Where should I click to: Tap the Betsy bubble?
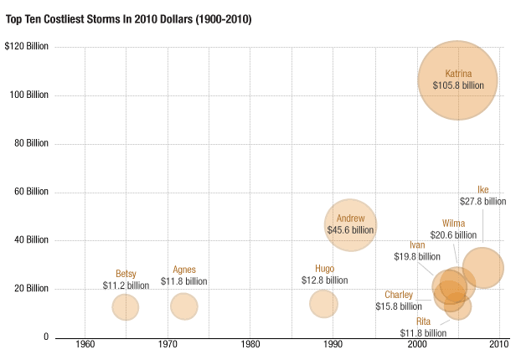[125, 307]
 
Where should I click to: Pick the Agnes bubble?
[183, 306]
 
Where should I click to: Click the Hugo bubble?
[323, 303]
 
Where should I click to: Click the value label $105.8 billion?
[458, 85]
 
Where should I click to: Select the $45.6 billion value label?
[350, 230]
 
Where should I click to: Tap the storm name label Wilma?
[453, 224]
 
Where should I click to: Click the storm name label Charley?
[398, 295]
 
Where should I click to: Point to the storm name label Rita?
[424, 321]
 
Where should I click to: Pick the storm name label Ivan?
[417, 244]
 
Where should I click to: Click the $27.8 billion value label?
[483, 202]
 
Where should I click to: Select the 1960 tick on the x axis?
[85, 345]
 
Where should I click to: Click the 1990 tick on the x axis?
[333, 345]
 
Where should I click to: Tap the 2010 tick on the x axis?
[498, 345]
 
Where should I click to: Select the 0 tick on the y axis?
[46, 337]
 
